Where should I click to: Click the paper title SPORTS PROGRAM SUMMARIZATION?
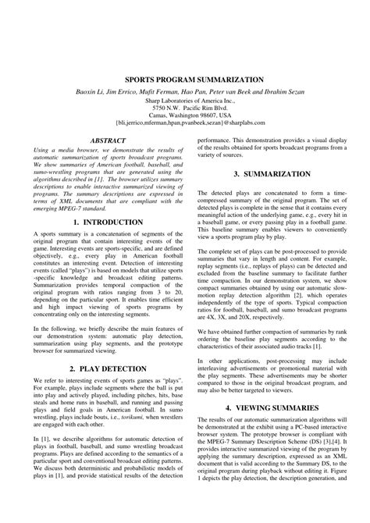(185, 80)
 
